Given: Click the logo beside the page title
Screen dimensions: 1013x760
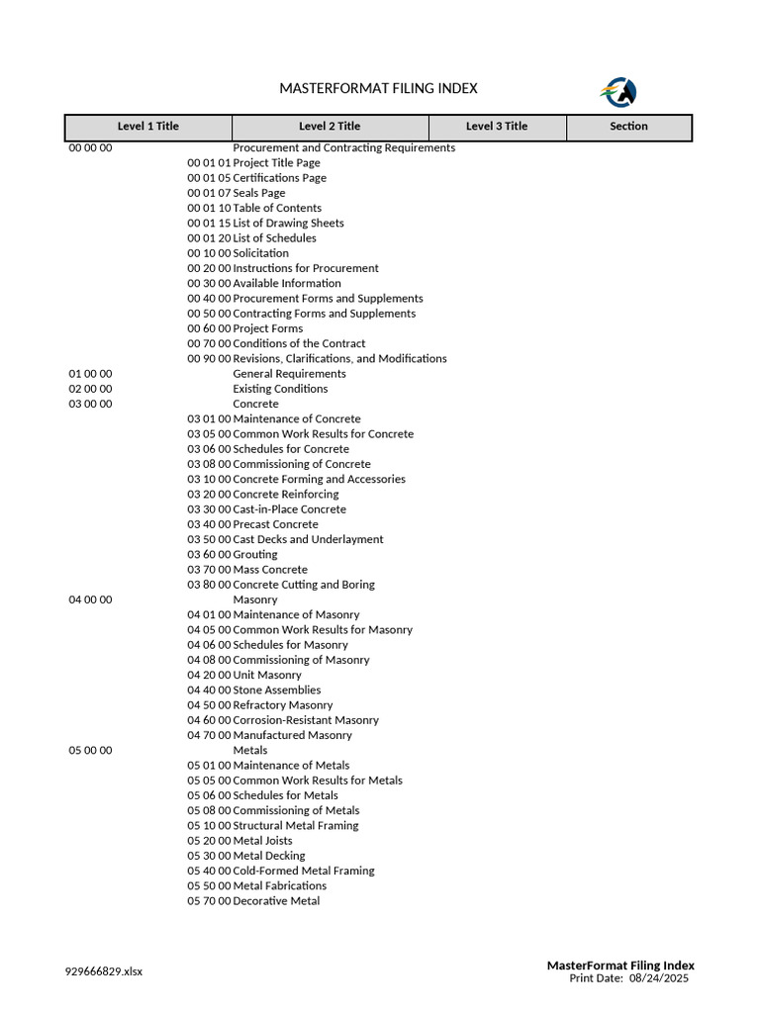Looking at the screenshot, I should pyautogui.click(x=618, y=92).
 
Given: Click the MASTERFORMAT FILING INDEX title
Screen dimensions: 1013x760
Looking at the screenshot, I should pyautogui.click(x=378, y=89).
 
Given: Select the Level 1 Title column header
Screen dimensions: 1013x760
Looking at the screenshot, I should pyautogui.click(x=148, y=127).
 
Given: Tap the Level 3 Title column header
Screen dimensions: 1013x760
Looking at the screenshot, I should pyautogui.click(x=497, y=127).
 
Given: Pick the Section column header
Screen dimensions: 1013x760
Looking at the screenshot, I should pyautogui.click(x=628, y=127).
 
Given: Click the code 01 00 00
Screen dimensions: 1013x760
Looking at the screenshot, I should pyautogui.click(x=90, y=374).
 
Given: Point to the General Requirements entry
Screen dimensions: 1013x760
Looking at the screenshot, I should pyautogui.click(x=289, y=374).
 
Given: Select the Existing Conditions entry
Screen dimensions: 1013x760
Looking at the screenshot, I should pyautogui.click(x=280, y=389).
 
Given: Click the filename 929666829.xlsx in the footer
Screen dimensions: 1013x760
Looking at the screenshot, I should pyautogui.click(x=104, y=971).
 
